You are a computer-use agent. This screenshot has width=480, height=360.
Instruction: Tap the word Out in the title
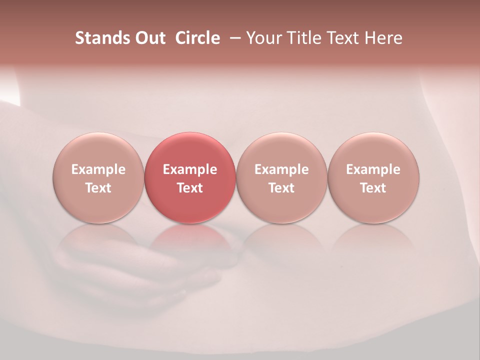[149, 38]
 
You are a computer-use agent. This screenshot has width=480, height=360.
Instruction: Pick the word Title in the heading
[304, 38]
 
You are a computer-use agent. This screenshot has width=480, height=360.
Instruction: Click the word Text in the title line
[344, 38]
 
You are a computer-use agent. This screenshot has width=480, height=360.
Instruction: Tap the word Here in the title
[383, 38]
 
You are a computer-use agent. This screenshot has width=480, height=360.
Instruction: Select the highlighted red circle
[190, 178]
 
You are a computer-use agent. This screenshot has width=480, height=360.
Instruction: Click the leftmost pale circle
[98, 178]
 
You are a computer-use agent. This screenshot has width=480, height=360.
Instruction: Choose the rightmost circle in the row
[373, 178]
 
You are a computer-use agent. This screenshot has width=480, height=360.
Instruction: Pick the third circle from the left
[281, 178]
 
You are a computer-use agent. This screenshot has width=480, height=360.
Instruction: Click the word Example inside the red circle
[190, 169]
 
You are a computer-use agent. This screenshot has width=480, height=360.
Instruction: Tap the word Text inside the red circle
[190, 188]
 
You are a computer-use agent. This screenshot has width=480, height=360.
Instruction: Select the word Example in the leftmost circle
[98, 169]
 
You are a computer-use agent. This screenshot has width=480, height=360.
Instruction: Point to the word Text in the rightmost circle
[373, 188]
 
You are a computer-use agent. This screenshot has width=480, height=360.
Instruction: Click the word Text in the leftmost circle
[98, 188]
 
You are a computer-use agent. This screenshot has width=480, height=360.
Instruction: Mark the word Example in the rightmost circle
[373, 169]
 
